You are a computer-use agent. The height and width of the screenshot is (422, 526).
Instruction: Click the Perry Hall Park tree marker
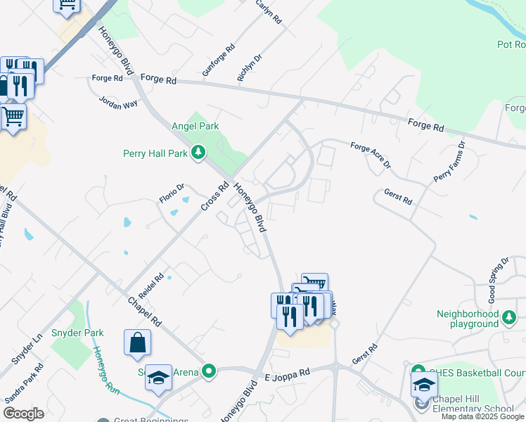tap(199, 153)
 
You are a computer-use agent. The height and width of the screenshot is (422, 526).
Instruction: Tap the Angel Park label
tap(195, 127)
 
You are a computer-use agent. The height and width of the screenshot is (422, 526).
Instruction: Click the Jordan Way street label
tap(119, 101)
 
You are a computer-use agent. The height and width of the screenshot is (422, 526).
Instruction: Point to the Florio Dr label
tap(171, 193)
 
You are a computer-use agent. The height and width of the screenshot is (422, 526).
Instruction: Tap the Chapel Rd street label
tap(145, 312)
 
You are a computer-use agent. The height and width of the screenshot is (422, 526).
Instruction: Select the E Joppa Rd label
tap(287, 373)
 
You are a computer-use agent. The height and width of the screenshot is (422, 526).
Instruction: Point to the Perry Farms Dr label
tap(449, 161)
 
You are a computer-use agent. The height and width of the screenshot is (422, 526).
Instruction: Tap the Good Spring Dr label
tap(498, 280)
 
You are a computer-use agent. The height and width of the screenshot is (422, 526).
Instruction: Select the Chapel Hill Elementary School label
tap(473, 409)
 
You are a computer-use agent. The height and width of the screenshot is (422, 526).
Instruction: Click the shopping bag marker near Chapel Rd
tap(138, 343)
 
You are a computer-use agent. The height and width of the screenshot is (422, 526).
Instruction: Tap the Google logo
tap(23, 414)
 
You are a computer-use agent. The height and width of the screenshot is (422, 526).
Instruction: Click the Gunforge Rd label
tap(218, 62)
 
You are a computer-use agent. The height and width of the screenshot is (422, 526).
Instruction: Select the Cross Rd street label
tap(215, 196)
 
